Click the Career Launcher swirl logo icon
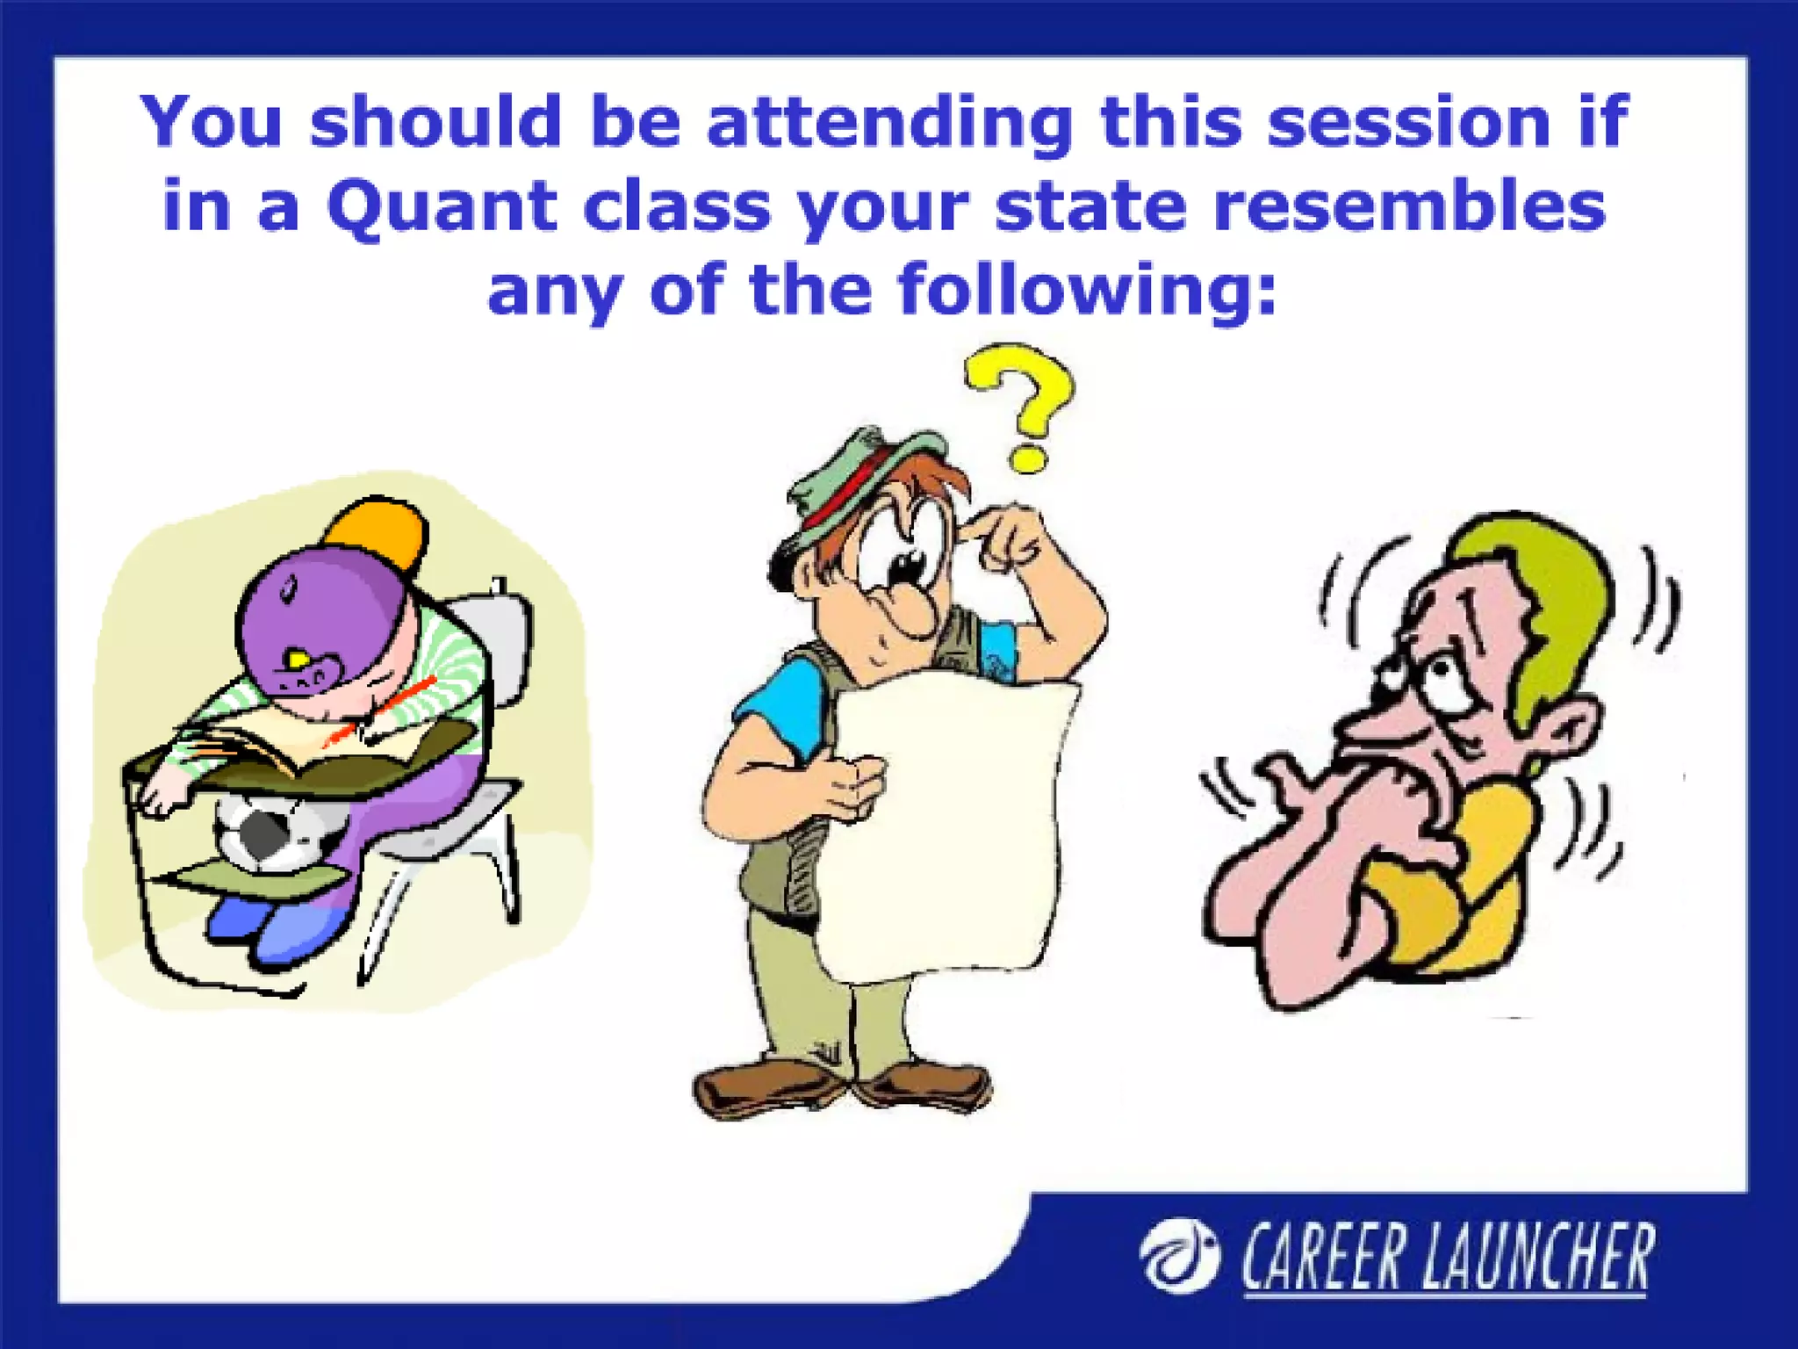[x=1178, y=1257]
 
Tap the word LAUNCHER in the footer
[x=1536, y=1258]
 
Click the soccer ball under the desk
[x=268, y=831]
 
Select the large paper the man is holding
[x=948, y=826]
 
